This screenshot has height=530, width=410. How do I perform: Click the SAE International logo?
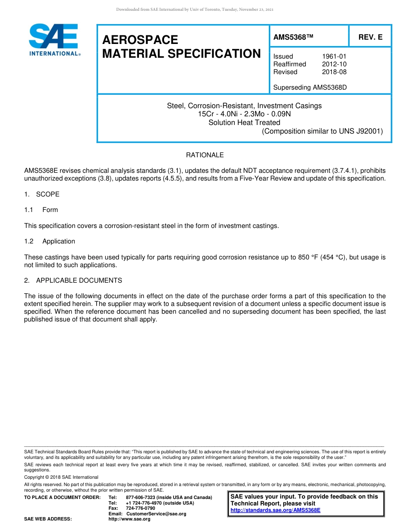(x=54, y=40)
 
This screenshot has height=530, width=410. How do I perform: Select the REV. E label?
(x=370, y=37)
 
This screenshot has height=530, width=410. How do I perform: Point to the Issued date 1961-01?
(x=334, y=56)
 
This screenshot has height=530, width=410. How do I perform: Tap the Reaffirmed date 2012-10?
(x=334, y=64)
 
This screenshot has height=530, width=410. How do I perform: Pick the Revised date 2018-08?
(x=334, y=72)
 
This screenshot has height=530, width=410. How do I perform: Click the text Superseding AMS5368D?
(x=310, y=87)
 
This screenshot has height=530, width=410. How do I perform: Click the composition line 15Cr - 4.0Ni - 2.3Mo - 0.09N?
(x=244, y=114)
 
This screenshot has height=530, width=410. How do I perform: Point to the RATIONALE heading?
(x=205, y=155)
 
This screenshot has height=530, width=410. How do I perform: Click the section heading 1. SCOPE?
(x=42, y=194)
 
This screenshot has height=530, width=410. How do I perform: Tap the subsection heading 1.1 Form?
(x=41, y=210)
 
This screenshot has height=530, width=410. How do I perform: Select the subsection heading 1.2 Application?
(x=50, y=241)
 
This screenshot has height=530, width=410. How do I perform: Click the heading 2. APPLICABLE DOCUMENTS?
(x=73, y=281)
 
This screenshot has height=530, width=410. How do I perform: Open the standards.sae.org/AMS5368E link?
(x=275, y=510)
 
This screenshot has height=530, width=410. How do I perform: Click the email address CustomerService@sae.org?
(x=156, y=514)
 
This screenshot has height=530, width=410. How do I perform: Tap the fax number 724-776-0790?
(x=140, y=508)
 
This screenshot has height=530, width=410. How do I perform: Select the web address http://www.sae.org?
(x=138, y=519)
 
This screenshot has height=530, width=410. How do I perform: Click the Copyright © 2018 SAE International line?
(x=61, y=477)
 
